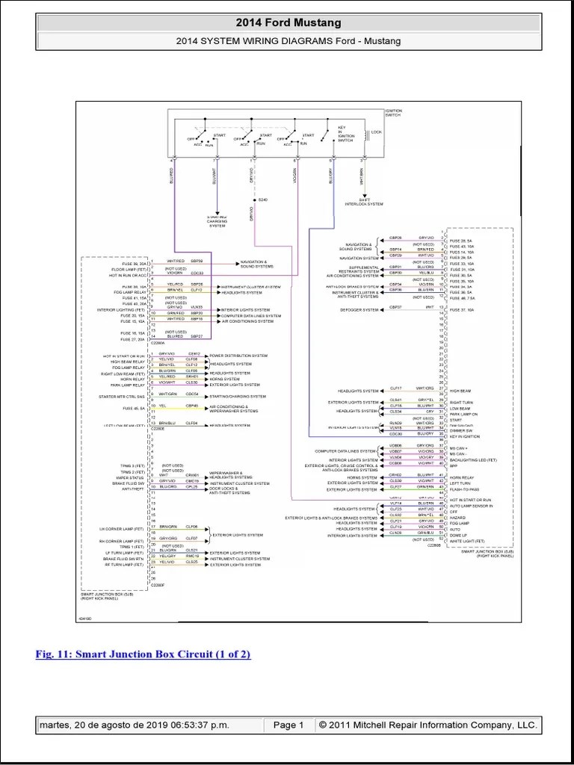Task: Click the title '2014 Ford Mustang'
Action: click(288, 23)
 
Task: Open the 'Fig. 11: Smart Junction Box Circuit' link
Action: click(143, 654)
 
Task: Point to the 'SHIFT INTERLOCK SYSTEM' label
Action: click(363, 202)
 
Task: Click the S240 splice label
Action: click(262, 200)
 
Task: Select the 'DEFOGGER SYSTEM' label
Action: click(359, 309)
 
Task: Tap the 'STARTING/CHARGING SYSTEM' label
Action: click(238, 396)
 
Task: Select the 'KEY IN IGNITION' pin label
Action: click(465, 436)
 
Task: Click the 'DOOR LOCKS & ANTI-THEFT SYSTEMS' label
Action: click(229, 489)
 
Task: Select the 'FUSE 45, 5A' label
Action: click(135, 409)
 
